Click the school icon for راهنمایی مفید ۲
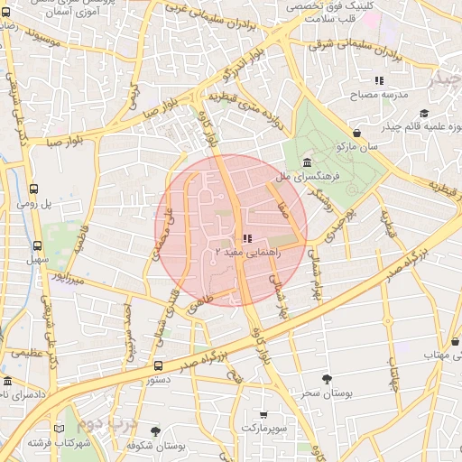(246, 237)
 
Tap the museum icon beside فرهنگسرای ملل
(308, 163)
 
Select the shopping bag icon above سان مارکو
(358, 133)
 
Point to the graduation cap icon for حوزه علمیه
(424, 113)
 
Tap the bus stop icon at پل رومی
(34, 189)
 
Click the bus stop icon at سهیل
(37, 245)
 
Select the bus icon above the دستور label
(158, 365)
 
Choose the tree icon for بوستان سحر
(326, 380)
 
